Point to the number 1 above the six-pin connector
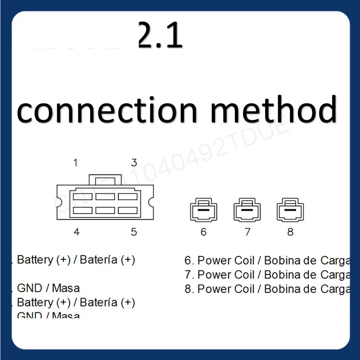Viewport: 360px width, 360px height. click(x=76, y=162)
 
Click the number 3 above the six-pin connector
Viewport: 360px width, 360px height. click(x=134, y=162)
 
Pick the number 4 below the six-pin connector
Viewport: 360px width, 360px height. click(x=77, y=232)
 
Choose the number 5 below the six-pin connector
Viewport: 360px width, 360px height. click(x=134, y=232)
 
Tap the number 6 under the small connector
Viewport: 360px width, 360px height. click(x=203, y=232)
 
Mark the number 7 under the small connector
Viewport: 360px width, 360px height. click(x=247, y=232)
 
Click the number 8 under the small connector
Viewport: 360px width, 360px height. click(x=290, y=232)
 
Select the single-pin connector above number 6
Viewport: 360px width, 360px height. click(x=203, y=210)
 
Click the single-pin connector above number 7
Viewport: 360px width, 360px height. click(x=247, y=210)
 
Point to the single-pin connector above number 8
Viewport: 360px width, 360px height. click(x=290, y=210)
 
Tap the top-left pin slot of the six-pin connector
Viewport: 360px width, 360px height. click(x=82, y=197)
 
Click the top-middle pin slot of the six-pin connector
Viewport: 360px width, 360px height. click(x=105, y=197)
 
